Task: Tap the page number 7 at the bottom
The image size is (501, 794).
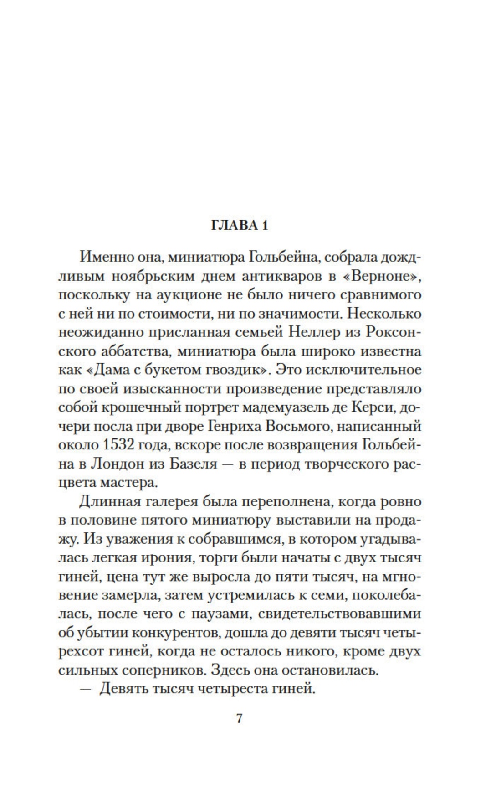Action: [240, 718]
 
